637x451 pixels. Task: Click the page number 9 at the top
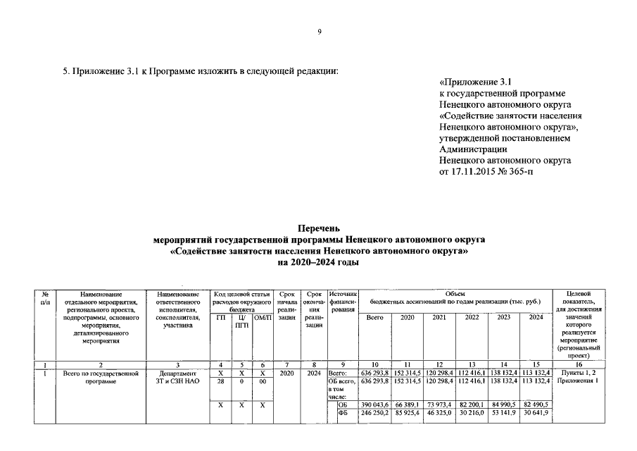pyautogui.click(x=319, y=32)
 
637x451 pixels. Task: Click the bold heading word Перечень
pyautogui.click(x=318, y=228)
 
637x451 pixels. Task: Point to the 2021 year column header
pyautogui.click(x=440, y=317)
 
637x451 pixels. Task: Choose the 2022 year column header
pyautogui.click(x=472, y=317)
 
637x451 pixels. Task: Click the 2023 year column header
pyautogui.click(x=504, y=317)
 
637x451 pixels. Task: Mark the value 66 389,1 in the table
pyautogui.click(x=408, y=405)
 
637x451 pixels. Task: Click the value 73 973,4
pyautogui.click(x=440, y=405)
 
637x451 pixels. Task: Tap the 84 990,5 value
pyautogui.click(x=504, y=405)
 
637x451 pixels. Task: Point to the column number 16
pyautogui.click(x=578, y=364)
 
